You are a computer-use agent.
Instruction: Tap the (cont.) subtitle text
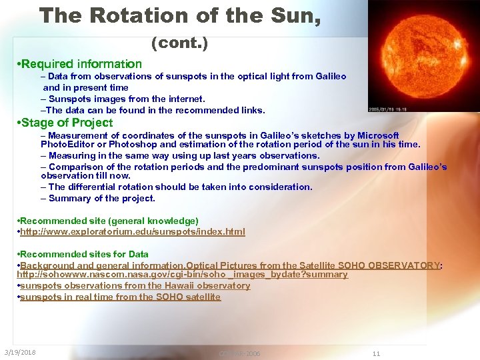point(179,44)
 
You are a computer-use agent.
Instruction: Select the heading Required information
point(81,64)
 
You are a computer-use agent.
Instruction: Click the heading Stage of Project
point(66,123)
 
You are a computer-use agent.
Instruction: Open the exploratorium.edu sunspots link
point(133,232)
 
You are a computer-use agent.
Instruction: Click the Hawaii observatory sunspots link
point(135,285)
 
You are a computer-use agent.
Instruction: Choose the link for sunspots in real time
point(121,297)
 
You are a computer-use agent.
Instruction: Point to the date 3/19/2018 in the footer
point(20,352)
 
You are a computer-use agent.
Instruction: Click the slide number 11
point(376,353)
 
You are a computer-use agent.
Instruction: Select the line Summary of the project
point(101,198)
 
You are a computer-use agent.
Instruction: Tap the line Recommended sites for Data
point(84,254)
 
